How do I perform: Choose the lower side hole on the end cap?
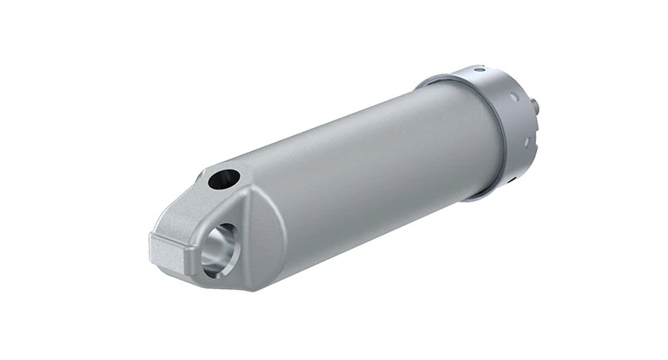(526, 142)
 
